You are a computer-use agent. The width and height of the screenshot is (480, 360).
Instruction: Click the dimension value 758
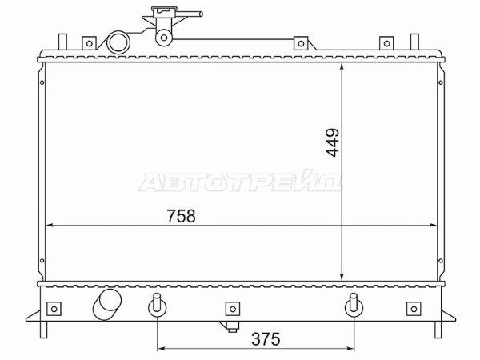[x=181, y=216]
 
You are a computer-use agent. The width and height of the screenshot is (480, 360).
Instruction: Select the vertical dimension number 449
[x=332, y=142]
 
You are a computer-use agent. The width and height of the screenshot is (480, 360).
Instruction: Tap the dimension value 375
[x=266, y=339]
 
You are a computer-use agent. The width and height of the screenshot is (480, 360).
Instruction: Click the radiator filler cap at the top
[x=164, y=11]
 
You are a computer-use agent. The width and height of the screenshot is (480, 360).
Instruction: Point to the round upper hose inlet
[x=118, y=42]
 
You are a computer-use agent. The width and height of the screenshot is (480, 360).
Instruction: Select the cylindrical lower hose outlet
[x=107, y=304]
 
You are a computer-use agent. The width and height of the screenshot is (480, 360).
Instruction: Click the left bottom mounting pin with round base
[x=157, y=305]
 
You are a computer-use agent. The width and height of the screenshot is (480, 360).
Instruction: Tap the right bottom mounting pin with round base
[x=354, y=305]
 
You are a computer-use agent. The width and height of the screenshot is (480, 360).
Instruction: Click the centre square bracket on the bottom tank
[x=233, y=309]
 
